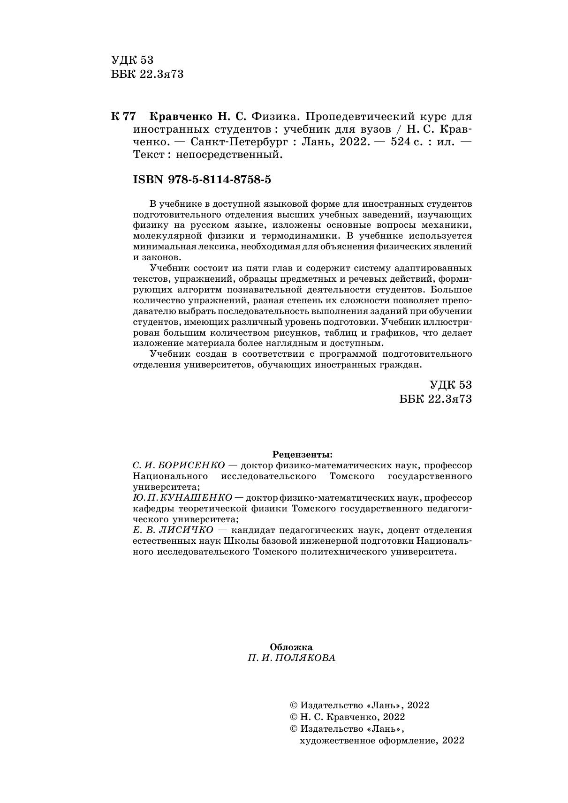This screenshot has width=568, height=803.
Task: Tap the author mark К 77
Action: click(x=123, y=116)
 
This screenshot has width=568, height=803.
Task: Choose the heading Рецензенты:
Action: click(x=303, y=454)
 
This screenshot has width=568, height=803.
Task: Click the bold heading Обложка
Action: click(x=291, y=647)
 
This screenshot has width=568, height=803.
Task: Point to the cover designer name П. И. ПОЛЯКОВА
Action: click(x=292, y=658)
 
